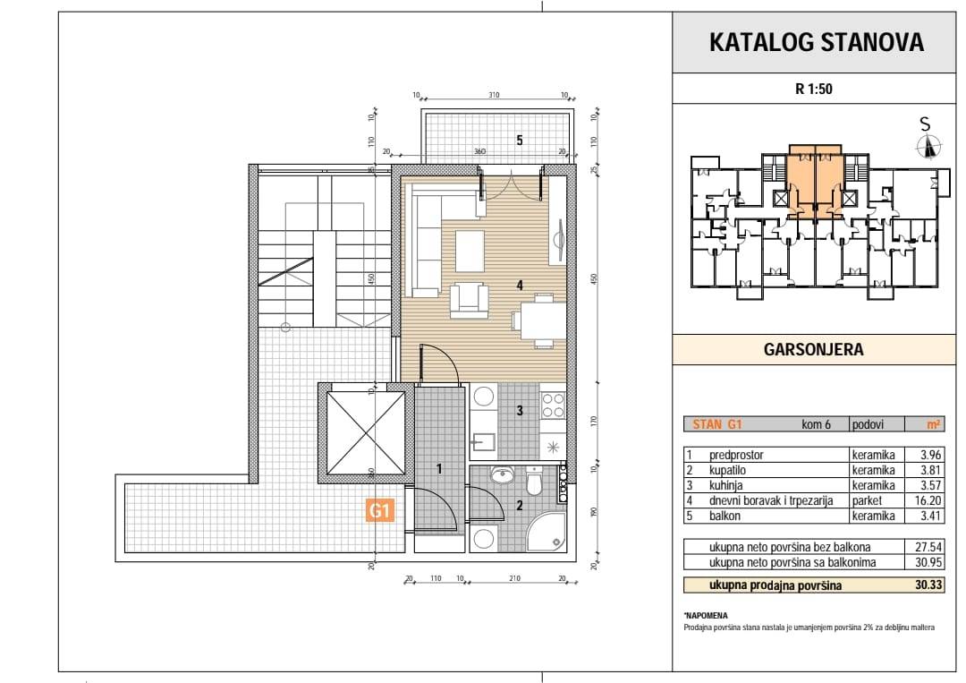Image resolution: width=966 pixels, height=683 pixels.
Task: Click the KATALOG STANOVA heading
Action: click(x=817, y=42)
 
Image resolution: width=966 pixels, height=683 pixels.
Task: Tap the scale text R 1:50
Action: click(x=813, y=89)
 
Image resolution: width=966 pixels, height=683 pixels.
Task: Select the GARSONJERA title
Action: click(x=813, y=349)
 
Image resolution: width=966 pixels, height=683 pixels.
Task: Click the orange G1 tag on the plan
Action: click(x=379, y=510)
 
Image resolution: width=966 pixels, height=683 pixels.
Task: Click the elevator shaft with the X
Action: click(x=366, y=432)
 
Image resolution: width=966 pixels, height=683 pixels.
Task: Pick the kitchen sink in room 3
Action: click(x=484, y=441)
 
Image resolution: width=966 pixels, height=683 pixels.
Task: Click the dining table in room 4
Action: click(x=543, y=320)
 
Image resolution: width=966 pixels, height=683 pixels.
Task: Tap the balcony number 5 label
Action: click(x=520, y=141)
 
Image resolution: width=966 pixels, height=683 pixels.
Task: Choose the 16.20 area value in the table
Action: click(x=930, y=500)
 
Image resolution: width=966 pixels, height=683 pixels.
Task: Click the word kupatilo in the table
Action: click(x=727, y=470)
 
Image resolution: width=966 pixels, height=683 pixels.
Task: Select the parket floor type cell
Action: click(x=867, y=500)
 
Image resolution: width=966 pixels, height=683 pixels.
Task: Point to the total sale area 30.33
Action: click(x=928, y=585)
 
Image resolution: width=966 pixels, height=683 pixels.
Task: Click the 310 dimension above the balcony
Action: click(x=494, y=95)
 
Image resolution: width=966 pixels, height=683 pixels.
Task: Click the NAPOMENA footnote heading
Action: click(x=706, y=615)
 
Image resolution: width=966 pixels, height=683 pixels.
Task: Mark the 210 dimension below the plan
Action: click(x=514, y=578)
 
